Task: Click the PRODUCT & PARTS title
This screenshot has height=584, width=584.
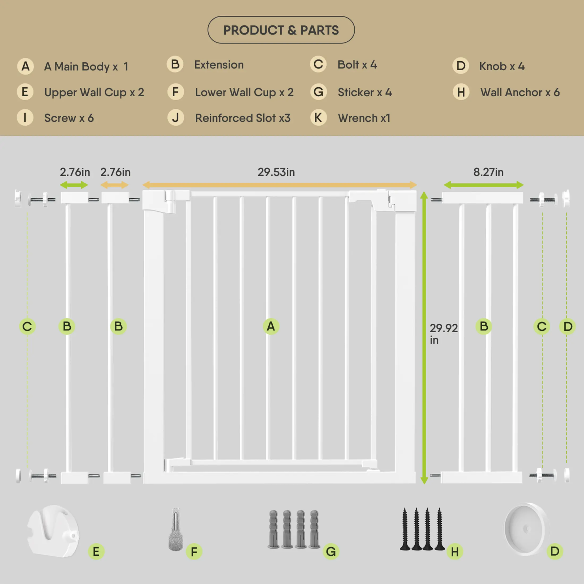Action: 281,30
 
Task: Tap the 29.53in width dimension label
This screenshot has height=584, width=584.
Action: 276,172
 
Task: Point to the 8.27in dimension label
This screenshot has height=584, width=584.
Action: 488,172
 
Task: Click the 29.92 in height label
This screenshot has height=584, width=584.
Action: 443,334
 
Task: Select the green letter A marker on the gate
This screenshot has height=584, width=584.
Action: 271,327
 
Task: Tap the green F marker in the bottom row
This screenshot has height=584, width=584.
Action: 194,552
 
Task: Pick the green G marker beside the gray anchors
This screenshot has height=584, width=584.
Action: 331,552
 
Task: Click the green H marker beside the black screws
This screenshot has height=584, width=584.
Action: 455,552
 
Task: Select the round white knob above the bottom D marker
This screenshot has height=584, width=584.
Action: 526,529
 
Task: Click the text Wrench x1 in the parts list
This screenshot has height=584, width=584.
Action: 364,118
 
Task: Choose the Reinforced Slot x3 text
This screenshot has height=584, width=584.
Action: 242,118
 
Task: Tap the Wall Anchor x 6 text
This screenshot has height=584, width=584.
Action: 520,92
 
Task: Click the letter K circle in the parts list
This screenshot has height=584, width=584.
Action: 318,118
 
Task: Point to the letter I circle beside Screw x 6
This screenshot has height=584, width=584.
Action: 25,118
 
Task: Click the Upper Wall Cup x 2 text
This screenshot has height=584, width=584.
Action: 94,92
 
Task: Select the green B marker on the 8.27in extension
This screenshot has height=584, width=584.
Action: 484,327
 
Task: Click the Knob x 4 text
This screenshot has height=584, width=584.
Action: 502,66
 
